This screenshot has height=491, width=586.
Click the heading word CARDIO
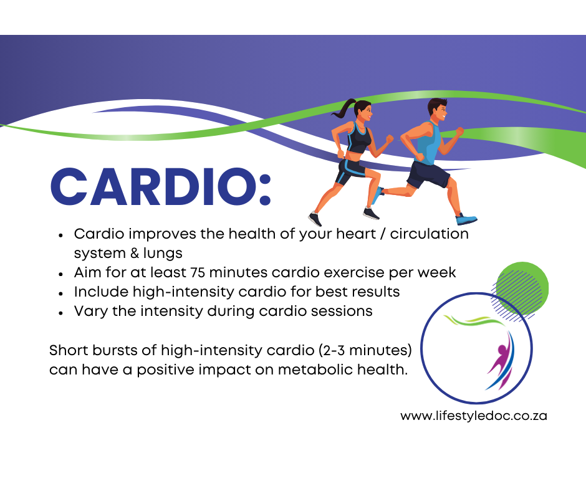(153, 187)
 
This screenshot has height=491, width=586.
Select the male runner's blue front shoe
(466, 219)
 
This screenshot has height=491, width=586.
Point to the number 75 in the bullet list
(198, 272)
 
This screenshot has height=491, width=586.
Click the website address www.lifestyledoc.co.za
(474, 416)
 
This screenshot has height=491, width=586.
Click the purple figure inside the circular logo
(501, 359)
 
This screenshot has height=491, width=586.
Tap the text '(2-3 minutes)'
(365, 351)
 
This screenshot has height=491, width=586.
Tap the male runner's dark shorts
(428, 174)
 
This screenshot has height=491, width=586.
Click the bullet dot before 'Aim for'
(61, 274)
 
